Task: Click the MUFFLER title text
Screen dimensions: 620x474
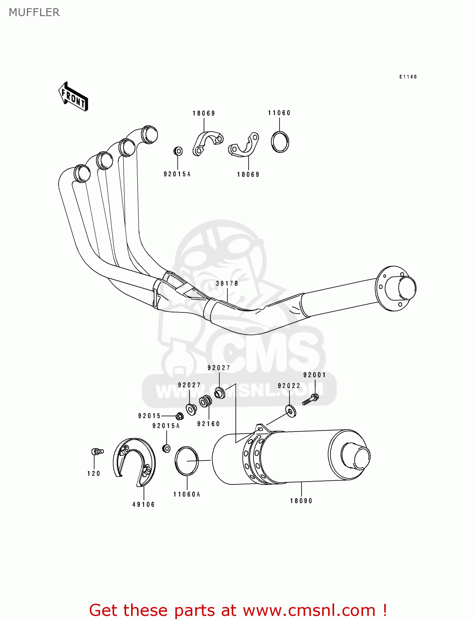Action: tap(34, 12)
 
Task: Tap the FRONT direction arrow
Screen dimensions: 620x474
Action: tap(74, 97)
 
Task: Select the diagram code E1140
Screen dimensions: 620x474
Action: tap(408, 77)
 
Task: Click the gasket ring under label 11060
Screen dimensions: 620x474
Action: tap(280, 142)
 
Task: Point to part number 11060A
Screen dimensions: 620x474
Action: tap(187, 494)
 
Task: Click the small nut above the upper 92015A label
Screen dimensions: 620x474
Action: tap(178, 151)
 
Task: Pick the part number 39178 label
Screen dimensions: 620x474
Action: tap(227, 284)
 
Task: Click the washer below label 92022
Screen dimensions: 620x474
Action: tap(291, 411)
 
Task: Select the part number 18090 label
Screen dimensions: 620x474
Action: tap(301, 501)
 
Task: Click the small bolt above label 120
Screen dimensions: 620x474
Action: tap(97, 452)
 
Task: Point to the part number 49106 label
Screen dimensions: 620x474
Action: tap(144, 505)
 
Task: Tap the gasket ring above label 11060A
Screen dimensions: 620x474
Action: tap(187, 461)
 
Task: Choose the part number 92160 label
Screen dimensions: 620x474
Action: tap(208, 424)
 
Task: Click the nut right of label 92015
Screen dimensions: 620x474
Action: tap(180, 416)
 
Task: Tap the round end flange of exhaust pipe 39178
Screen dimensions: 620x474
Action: tap(395, 288)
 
